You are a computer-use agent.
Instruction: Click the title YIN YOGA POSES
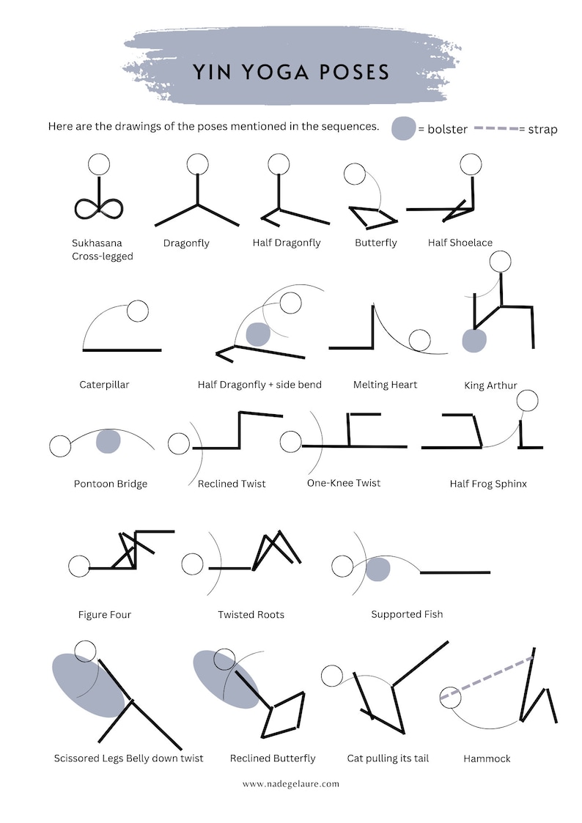291,73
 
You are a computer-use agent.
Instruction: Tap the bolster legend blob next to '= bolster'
403,128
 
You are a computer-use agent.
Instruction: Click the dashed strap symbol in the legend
496,129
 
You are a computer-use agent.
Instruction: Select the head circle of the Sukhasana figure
98,164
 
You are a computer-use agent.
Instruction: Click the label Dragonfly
186,243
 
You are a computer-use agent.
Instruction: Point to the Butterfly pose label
375,243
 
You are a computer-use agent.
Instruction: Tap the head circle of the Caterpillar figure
137,311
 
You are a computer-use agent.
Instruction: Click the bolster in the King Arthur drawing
474,341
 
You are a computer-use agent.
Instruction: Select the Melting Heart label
385,385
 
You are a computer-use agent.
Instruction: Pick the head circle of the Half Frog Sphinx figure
527,400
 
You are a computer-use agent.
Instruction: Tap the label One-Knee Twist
344,483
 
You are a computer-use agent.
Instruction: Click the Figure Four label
105,614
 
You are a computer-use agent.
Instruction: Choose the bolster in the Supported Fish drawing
377,569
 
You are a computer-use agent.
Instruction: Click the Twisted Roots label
251,614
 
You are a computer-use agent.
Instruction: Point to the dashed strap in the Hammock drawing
487,678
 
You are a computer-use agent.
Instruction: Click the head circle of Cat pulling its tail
332,676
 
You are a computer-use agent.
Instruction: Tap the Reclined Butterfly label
273,759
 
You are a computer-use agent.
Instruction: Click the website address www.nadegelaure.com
291,783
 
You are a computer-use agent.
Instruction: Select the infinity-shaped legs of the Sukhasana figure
98,207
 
